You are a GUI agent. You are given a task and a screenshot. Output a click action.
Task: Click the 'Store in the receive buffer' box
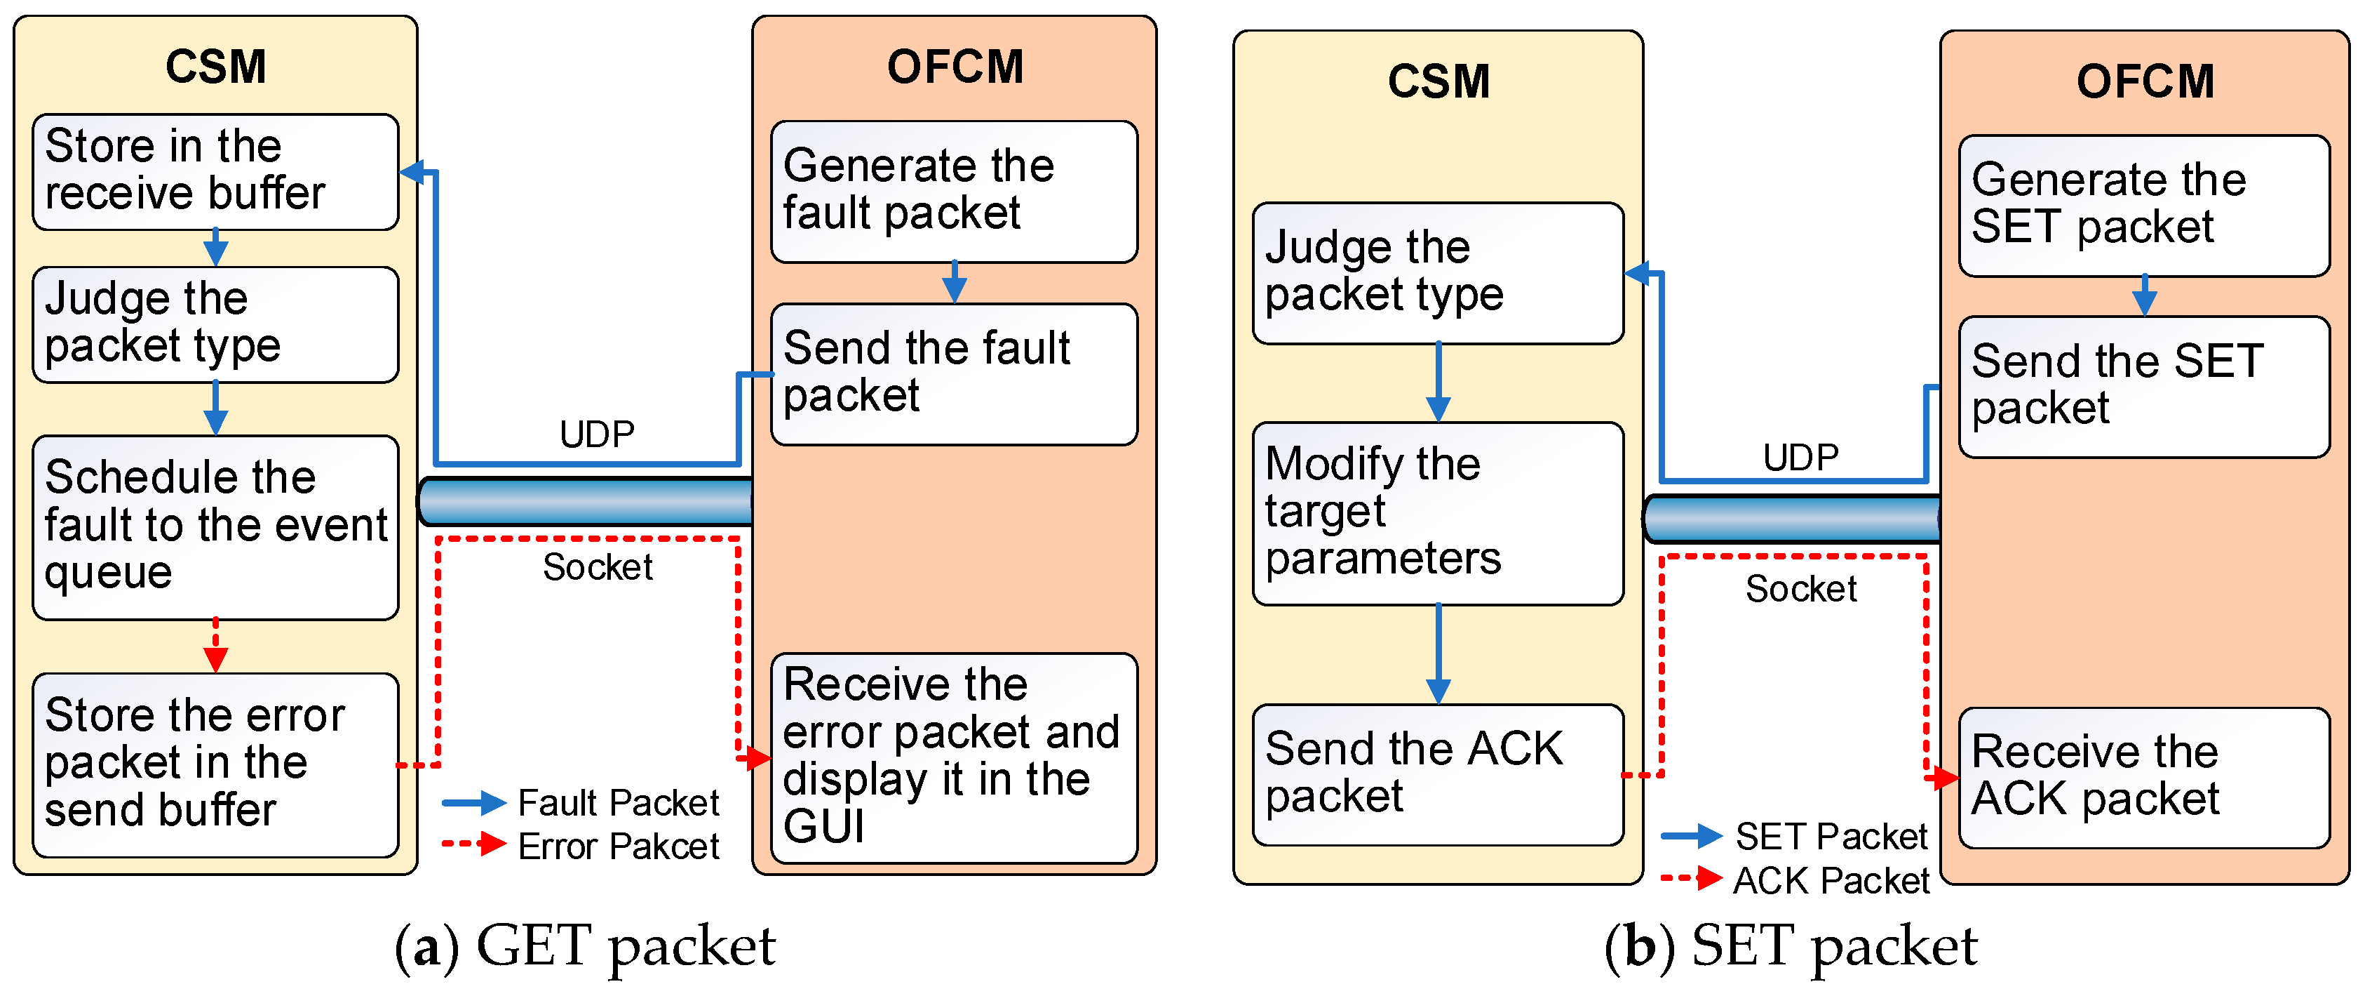pyautogui.click(x=215, y=171)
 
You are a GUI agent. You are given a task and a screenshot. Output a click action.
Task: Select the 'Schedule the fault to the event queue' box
pyautogui.click(x=215, y=527)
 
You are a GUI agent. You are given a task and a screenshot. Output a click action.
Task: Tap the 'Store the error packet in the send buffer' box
pyautogui.click(x=215, y=765)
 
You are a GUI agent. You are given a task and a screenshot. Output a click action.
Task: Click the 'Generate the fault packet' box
pyautogui.click(x=954, y=191)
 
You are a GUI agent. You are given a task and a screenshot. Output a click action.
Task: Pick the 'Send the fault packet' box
pyautogui.click(x=954, y=374)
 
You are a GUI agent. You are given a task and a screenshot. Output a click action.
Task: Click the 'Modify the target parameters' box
pyautogui.click(x=1437, y=513)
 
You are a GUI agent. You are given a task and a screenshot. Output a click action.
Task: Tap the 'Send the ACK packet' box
pyautogui.click(x=1437, y=774)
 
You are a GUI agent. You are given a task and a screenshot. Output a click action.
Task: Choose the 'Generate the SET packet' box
pyautogui.click(x=2143, y=204)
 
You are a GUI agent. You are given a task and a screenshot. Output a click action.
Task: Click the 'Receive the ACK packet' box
pyautogui.click(x=2143, y=777)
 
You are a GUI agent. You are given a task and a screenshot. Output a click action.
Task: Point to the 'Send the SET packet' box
pyautogui.click(x=2143, y=386)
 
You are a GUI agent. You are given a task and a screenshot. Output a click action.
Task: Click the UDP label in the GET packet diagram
pyautogui.click(x=597, y=434)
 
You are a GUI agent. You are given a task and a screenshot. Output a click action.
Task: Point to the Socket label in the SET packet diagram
pyautogui.click(x=1801, y=587)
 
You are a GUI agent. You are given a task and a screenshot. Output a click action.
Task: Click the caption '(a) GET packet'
pyautogui.click(x=586, y=946)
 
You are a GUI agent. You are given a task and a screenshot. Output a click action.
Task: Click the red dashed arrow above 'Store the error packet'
pyautogui.click(x=215, y=646)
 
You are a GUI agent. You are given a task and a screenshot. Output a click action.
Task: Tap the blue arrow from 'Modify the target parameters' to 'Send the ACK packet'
pyautogui.click(x=1437, y=654)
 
